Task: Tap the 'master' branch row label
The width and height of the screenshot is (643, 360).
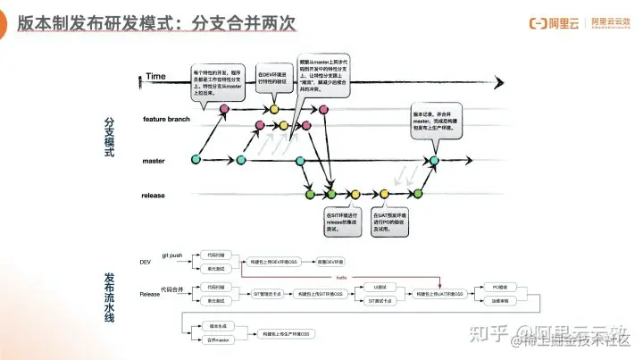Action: pyautogui.click(x=154, y=161)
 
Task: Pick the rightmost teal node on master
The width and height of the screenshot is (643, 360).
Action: pyautogui.click(x=434, y=161)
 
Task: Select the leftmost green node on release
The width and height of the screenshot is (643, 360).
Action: pyautogui.click(x=310, y=193)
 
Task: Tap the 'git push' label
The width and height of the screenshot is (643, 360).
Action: pyautogui.click(x=171, y=255)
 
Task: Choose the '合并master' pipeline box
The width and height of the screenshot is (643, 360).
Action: pyautogui.click(x=219, y=339)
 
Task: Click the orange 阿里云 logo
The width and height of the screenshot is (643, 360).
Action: pyautogui.click(x=544, y=21)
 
